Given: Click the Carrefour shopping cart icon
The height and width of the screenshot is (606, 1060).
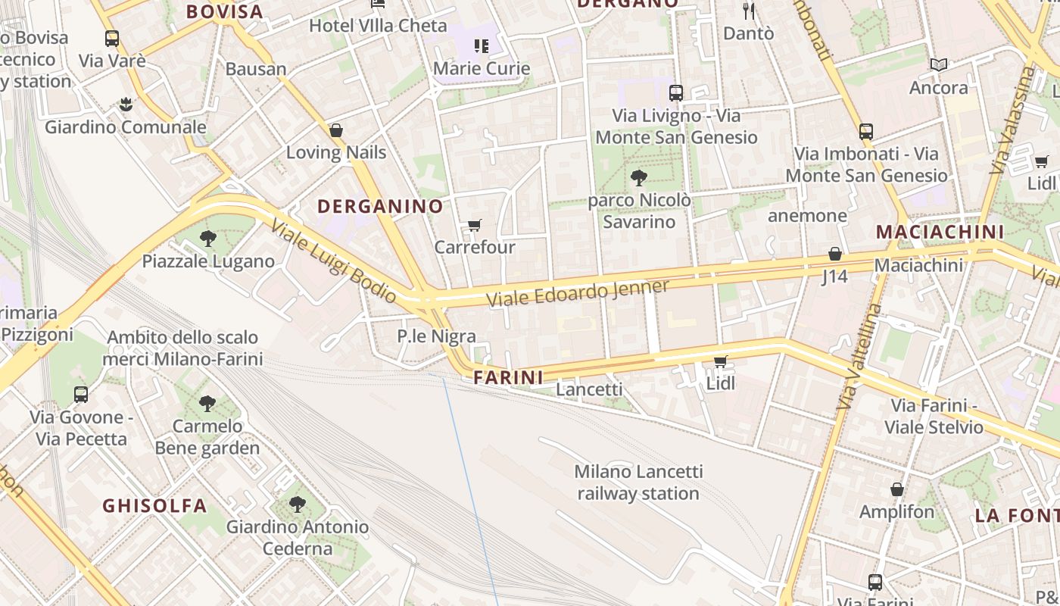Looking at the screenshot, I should tap(475, 225).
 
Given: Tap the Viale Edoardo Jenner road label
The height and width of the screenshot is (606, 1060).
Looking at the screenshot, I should tap(578, 293).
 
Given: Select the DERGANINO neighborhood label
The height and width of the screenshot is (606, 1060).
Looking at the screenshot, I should tap(380, 206).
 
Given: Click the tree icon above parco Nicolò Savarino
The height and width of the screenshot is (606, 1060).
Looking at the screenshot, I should tap(639, 179).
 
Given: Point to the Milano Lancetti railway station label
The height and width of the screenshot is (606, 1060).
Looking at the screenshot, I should tap(638, 483).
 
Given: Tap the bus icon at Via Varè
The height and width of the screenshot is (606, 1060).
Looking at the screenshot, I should tap(112, 39).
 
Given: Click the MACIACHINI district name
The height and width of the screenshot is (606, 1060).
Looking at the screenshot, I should tap(940, 232).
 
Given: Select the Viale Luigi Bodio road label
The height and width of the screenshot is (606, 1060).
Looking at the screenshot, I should tap(333, 262).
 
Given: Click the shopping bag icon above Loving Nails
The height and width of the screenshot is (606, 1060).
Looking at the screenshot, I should tap(336, 131).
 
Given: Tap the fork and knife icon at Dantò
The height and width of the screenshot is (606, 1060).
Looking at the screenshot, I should tap(749, 11).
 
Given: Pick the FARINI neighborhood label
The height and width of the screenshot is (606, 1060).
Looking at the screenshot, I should tap(509, 377).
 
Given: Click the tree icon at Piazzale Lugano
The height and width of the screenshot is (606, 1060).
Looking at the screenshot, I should tap(208, 239).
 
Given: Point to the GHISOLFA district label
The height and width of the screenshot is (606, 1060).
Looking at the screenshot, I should tap(154, 505).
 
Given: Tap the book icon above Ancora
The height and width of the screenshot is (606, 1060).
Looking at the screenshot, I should tap(939, 65).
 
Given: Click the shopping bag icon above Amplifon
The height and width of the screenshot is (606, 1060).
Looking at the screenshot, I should tap(897, 490).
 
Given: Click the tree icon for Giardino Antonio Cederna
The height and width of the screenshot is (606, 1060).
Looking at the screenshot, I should tap(298, 504).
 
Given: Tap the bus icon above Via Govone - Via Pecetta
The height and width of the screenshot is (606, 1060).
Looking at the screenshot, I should tap(81, 395).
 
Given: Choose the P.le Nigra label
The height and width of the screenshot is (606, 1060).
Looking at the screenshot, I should tap(437, 336).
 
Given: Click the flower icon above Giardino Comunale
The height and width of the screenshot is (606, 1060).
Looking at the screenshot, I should tap(126, 105).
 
